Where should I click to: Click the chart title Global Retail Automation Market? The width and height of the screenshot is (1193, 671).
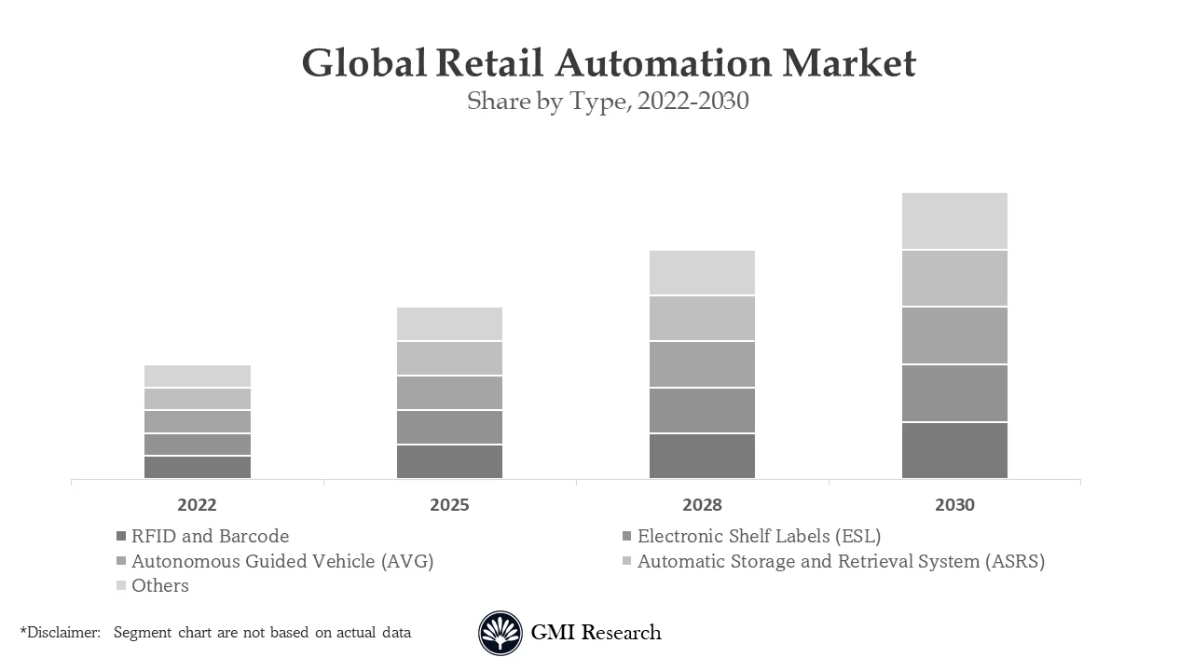pyautogui.click(x=609, y=63)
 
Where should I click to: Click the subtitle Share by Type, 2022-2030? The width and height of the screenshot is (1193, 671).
pyautogui.click(x=608, y=101)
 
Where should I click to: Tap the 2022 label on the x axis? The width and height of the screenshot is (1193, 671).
pyautogui.click(x=197, y=505)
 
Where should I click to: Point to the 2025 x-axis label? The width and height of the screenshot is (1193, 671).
pyautogui.click(x=449, y=505)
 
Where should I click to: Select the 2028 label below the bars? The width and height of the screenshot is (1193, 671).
pyautogui.click(x=702, y=505)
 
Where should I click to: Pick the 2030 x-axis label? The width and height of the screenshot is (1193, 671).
pyautogui.click(x=954, y=505)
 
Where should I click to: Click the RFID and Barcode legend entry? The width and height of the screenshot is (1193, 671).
pyautogui.click(x=210, y=536)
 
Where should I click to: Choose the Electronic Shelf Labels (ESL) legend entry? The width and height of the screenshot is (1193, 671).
pyautogui.click(x=758, y=536)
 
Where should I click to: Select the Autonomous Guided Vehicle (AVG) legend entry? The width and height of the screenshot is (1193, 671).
pyautogui.click(x=281, y=561)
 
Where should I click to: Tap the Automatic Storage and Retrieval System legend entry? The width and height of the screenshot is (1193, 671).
pyautogui.click(x=840, y=561)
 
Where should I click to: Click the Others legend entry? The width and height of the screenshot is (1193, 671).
pyautogui.click(x=159, y=585)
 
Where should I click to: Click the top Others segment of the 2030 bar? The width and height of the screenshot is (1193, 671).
pyautogui.click(x=954, y=221)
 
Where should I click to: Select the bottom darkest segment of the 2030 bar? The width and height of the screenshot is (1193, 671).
pyautogui.click(x=954, y=450)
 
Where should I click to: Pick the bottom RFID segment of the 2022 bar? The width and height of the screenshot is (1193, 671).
pyautogui.click(x=197, y=467)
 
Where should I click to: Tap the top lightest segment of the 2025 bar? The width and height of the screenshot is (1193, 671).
pyautogui.click(x=449, y=323)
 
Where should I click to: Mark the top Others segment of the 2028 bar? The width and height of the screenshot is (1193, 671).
pyautogui.click(x=702, y=272)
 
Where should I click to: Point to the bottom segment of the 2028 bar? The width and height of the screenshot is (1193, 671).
pyautogui.click(x=702, y=456)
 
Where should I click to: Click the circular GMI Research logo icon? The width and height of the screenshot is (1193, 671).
pyautogui.click(x=501, y=633)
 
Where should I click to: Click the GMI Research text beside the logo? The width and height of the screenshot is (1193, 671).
pyautogui.click(x=596, y=633)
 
